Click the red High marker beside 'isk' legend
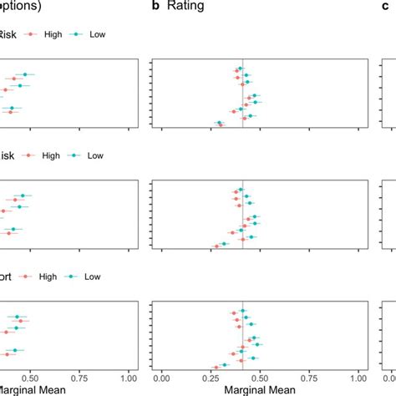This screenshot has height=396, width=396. point(29,155)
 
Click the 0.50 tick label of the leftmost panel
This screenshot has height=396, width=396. point(30,377)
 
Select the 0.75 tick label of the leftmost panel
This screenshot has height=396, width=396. point(79,377)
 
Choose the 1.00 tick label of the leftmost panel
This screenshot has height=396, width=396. point(128,377)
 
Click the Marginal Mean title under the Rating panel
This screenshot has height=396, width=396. point(260,389)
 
